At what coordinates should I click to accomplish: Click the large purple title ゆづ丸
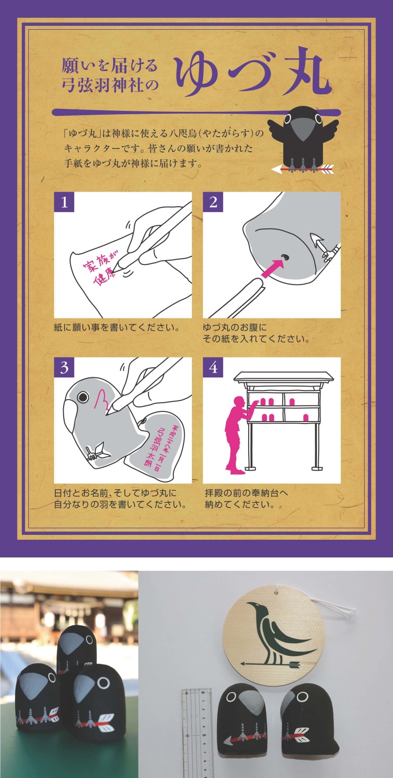pyautogui.click(x=252, y=72)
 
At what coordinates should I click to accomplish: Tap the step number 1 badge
pyautogui.click(x=64, y=202)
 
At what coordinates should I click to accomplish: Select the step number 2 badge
pyautogui.click(x=213, y=202)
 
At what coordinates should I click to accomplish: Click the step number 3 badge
pyautogui.click(x=64, y=368)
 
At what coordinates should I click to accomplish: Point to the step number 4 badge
pyautogui.click(x=213, y=368)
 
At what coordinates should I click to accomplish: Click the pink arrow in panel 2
pyautogui.click(x=273, y=268)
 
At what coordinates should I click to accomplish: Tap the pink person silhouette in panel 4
pyautogui.click(x=239, y=435)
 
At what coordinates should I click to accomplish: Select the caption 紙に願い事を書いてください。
pyautogui.click(x=117, y=327)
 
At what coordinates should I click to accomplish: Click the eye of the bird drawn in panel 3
pyautogui.click(x=83, y=397)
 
